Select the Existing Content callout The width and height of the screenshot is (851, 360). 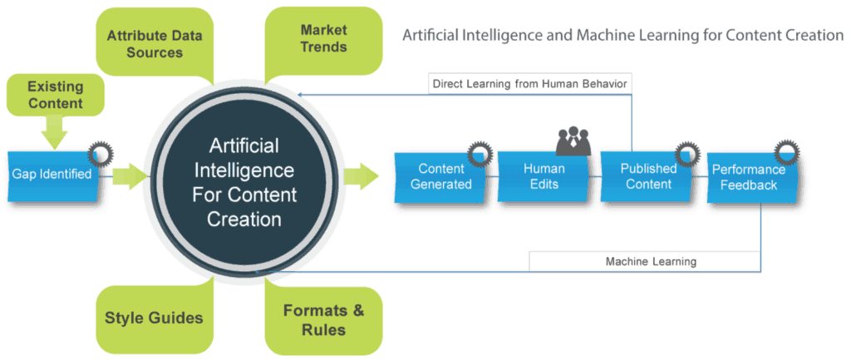(55, 95)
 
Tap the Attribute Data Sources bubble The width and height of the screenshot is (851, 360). (155, 44)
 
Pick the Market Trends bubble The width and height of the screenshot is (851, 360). (322, 38)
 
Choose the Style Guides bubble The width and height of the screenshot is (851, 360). (154, 318)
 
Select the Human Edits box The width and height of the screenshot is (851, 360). (544, 176)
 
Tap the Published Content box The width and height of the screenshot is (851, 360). (648, 176)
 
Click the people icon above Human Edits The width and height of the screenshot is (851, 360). (573, 141)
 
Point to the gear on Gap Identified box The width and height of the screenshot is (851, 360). (101, 153)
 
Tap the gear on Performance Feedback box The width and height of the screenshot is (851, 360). (787, 151)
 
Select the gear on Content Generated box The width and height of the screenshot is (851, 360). (480, 152)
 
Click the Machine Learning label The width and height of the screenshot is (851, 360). (646, 261)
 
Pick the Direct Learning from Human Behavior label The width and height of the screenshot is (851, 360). (530, 83)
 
